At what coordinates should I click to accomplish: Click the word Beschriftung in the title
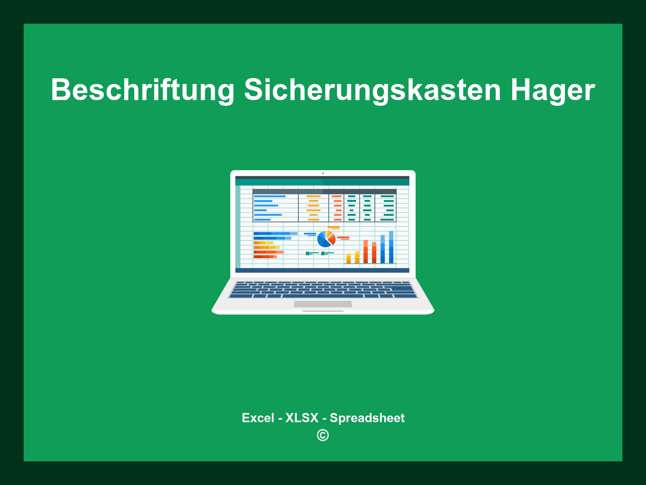coord(143,90)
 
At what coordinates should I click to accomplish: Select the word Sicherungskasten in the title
coord(372,90)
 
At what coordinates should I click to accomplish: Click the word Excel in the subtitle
coord(258,418)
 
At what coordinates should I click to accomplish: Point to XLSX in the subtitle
coord(302,418)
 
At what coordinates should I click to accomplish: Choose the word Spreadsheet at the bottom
coord(367,418)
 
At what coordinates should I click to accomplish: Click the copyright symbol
coord(323,435)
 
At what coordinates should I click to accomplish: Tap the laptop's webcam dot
coord(323,173)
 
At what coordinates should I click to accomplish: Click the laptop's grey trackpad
coord(323,304)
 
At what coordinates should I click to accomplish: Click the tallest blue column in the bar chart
coord(391,247)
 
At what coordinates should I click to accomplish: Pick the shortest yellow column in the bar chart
coord(349,258)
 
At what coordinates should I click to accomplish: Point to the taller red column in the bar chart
coord(366,251)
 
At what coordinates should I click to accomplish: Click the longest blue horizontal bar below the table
coord(275,233)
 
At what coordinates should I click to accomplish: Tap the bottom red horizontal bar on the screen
coord(265,257)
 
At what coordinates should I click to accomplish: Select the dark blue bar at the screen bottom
coord(322,270)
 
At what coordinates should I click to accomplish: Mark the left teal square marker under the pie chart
coord(308,253)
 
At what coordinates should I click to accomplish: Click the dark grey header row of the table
coord(324,191)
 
